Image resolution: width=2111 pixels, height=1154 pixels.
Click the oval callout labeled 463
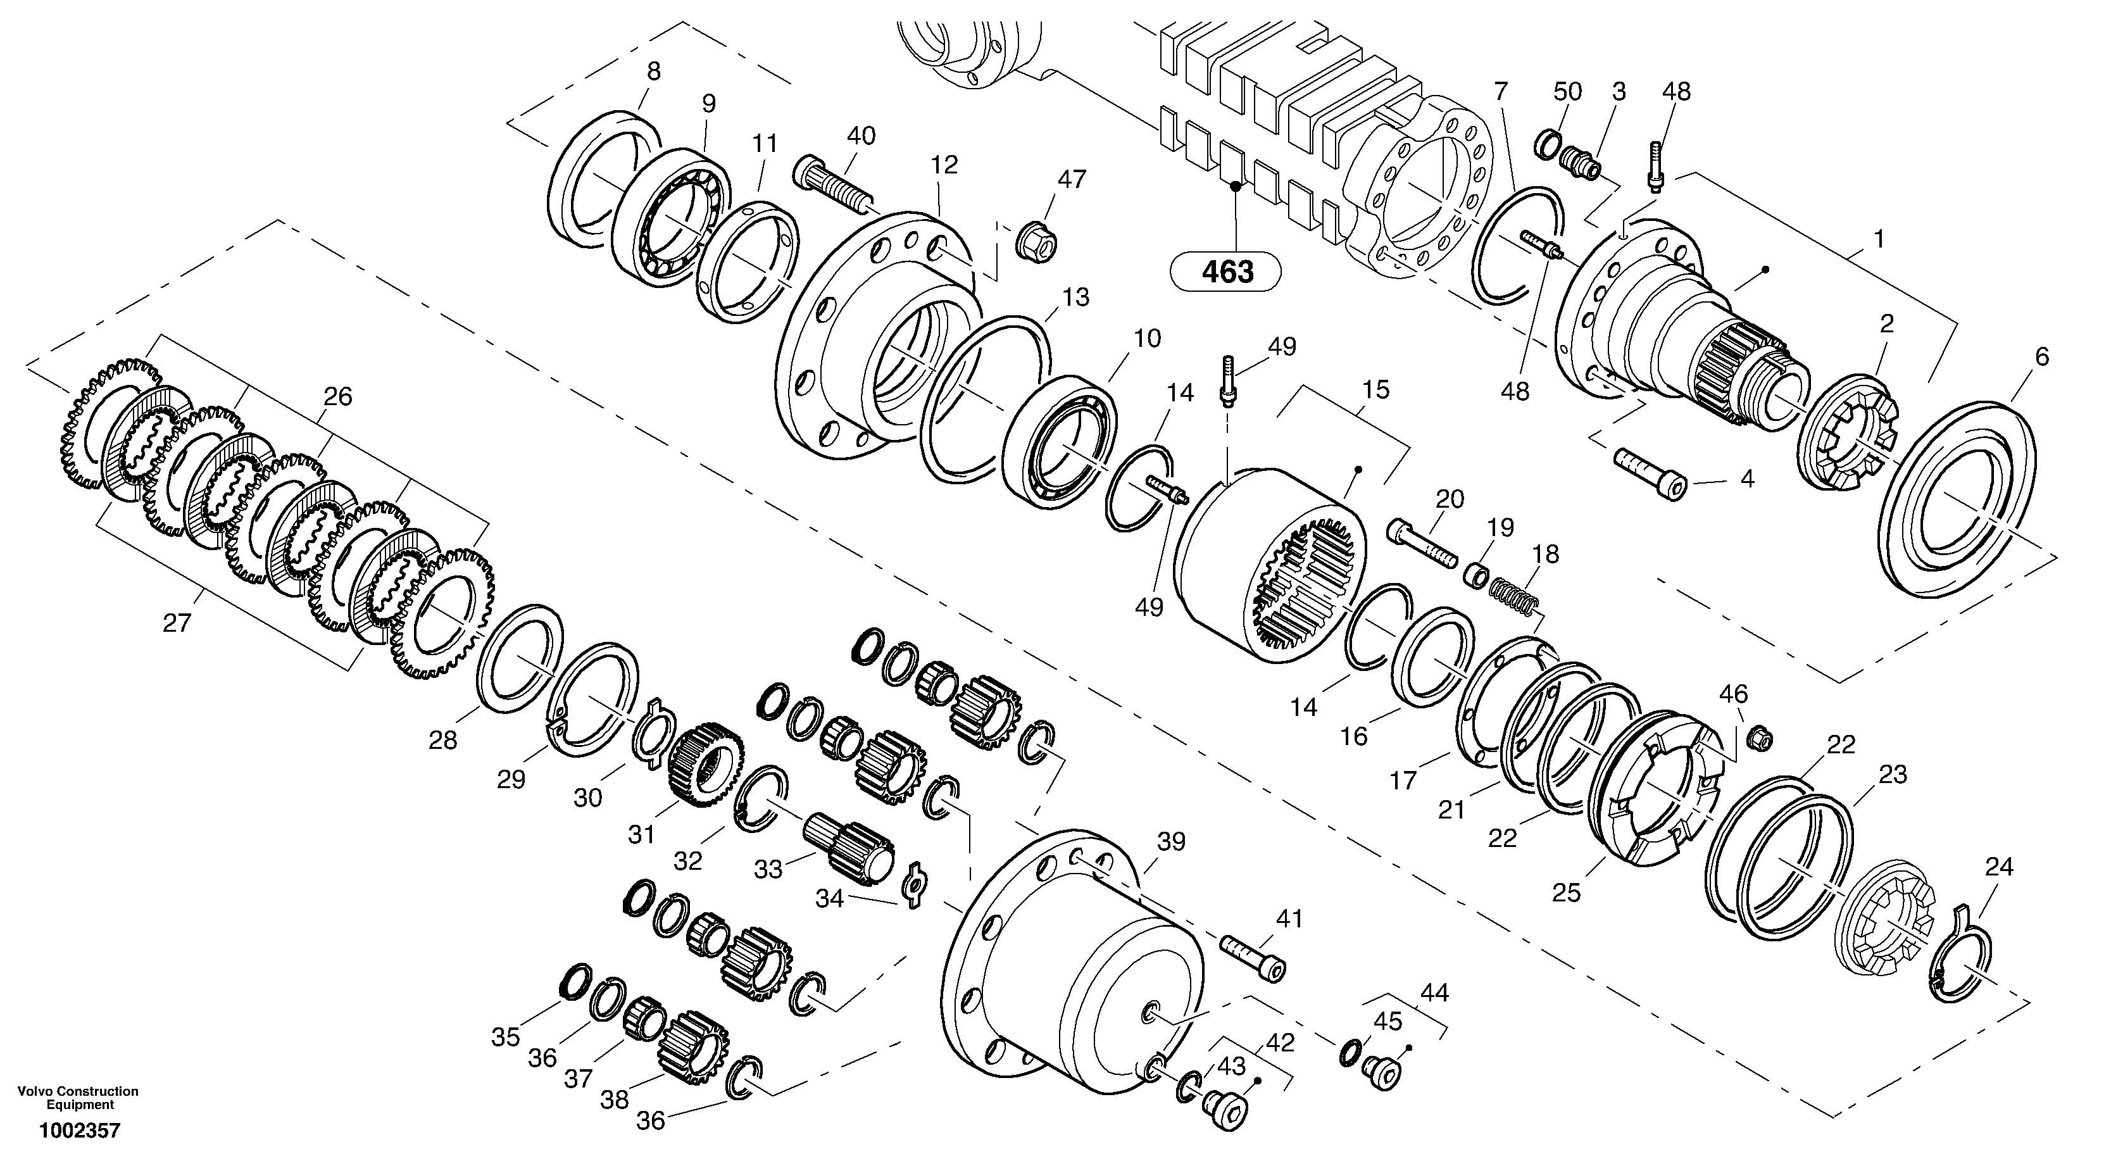[1226, 272]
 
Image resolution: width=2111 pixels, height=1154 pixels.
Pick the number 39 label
[1170, 842]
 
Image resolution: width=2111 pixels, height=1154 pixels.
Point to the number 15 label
[1376, 389]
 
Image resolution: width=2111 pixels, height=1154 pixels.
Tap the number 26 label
[337, 397]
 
